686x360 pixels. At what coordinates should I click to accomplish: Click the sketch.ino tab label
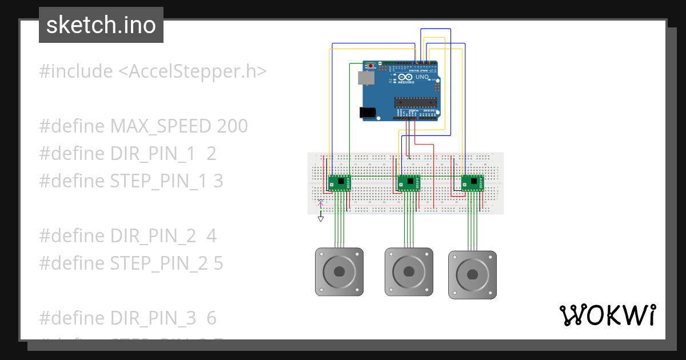101,25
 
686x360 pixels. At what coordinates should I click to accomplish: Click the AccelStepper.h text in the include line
192,71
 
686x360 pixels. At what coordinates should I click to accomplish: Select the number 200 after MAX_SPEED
232,126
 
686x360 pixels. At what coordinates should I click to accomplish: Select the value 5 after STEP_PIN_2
217,263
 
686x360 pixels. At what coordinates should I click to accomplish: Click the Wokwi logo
607,315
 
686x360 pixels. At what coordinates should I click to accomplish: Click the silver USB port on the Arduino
363,78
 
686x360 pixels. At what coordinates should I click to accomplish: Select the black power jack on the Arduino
369,113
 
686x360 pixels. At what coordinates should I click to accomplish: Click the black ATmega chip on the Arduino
416,102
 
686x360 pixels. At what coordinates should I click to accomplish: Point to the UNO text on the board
422,77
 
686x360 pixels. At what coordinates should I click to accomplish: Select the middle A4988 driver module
409,183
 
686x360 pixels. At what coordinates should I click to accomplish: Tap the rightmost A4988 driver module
472,183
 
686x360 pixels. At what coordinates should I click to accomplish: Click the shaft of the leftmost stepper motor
339,271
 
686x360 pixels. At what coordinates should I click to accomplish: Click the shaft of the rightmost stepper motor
472,274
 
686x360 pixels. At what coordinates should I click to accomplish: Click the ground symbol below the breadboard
321,218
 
